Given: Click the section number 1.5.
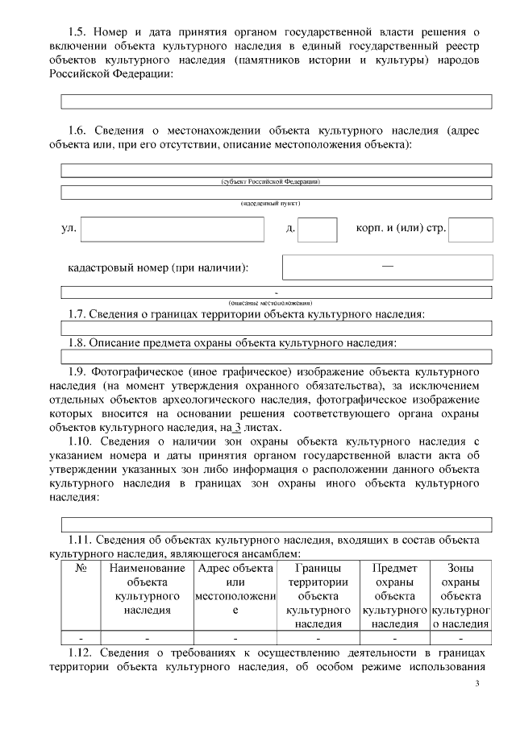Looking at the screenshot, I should pos(77,31).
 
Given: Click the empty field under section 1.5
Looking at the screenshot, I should pos(277,101).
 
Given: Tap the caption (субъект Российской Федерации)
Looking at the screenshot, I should pos(277,181).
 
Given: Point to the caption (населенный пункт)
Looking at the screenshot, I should pos(277,204).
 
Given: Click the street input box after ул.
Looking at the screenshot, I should pos(172,229).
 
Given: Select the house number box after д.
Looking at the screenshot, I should pos(317,229).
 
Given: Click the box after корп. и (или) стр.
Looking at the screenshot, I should pos(470,229).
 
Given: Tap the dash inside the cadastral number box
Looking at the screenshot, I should pos(388,265).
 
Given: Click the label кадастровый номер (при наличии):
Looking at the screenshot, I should pos(158,267).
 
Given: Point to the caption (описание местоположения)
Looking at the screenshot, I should pos(277,301).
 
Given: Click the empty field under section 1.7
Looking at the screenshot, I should pos(277,328).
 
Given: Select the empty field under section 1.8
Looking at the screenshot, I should pos(277,356).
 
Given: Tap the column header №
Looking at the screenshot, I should pos(81,568).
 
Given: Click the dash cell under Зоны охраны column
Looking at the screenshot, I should pos(461,637).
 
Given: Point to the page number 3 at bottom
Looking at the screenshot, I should pos(476,685).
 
